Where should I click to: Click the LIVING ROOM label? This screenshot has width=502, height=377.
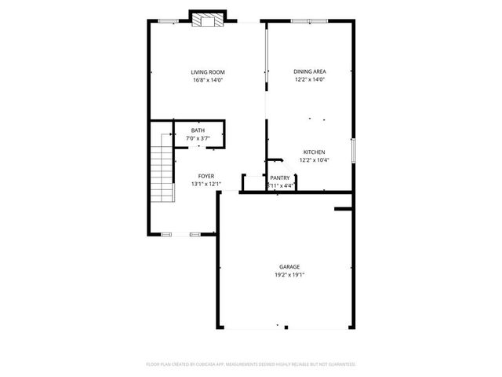[208, 72]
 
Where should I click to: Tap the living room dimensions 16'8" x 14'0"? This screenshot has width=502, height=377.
[208, 79]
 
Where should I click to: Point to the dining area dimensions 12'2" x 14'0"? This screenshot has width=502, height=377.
[310, 79]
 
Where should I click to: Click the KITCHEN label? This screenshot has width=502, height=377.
[315, 152]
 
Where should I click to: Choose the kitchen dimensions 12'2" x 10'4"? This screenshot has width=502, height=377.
[315, 159]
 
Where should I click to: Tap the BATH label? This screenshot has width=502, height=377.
[198, 131]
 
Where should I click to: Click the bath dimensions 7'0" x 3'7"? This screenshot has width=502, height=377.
[198, 138]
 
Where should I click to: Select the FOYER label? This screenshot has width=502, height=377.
[206, 177]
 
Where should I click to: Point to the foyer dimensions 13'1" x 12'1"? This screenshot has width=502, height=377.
[206, 184]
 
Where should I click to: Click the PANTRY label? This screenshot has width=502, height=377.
[280, 178]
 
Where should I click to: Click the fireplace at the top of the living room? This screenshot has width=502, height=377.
[209, 20]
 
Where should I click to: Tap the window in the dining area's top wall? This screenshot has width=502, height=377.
[309, 20]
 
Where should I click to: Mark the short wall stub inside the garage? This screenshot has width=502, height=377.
[343, 209]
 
